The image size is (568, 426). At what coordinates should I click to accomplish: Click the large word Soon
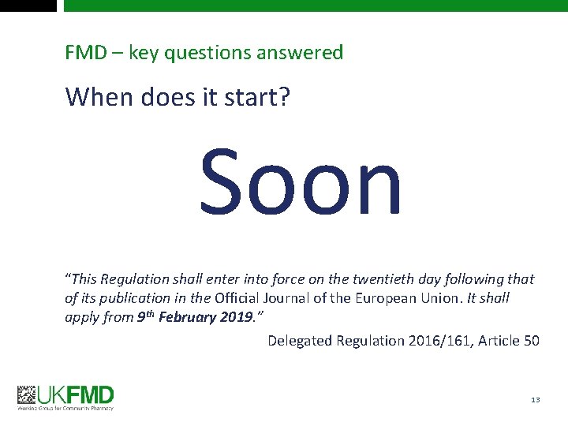(x=301, y=183)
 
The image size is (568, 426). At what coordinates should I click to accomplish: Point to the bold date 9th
(x=145, y=316)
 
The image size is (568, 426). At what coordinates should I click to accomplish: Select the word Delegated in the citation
(x=300, y=341)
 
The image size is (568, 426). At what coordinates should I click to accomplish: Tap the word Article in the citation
(x=497, y=341)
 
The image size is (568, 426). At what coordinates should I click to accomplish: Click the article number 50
(x=532, y=341)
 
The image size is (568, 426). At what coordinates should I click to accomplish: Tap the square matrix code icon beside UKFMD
(x=28, y=394)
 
